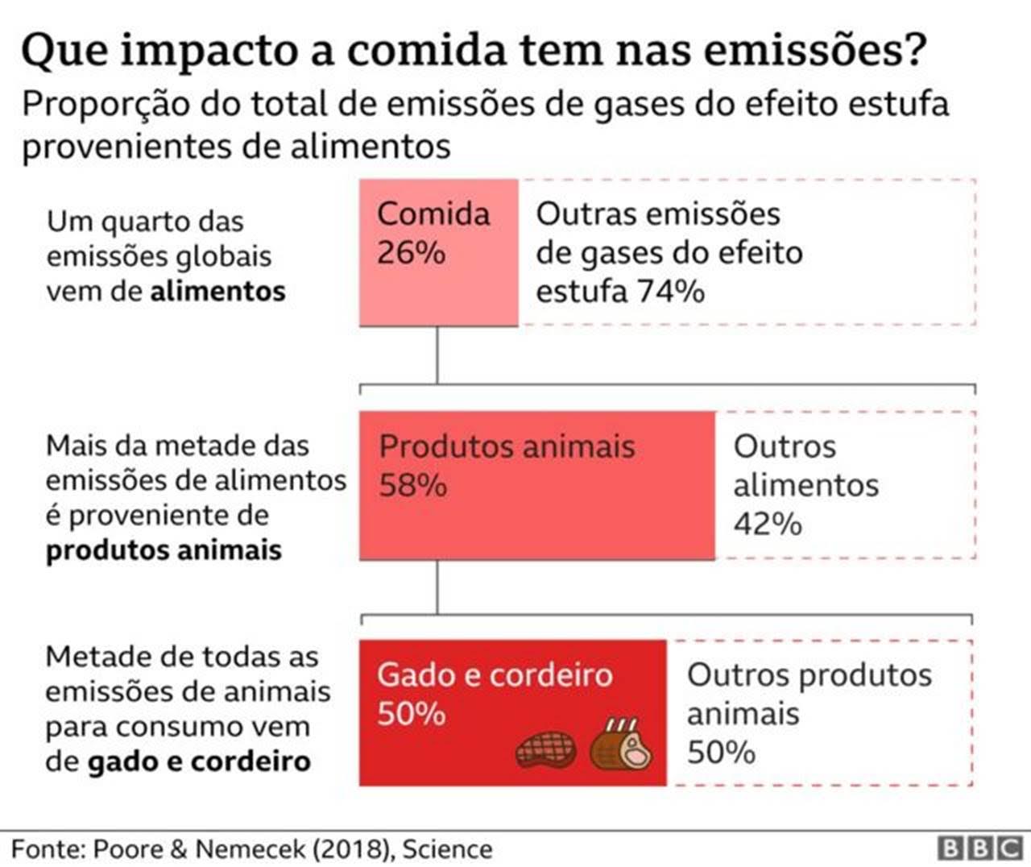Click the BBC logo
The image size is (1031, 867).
coord(979,848)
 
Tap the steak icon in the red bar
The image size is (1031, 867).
coord(545,749)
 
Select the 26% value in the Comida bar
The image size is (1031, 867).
coord(411,253)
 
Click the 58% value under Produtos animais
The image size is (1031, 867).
coord(412,486)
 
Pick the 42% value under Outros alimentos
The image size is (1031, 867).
coord(767,525)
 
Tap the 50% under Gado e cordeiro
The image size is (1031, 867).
coord(411,714)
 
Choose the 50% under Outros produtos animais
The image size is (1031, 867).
coord(721,753)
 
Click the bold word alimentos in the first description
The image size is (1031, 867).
coord(217,291)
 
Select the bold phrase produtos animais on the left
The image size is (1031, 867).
coord(164,550)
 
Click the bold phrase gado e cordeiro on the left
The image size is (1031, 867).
coord(199,761)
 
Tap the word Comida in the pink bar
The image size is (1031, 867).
coord(433,214)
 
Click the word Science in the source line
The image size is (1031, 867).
coord(447,848)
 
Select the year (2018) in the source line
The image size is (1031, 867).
coord(352,848)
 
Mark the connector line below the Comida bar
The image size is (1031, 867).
coord(437,355)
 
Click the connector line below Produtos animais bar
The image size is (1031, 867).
coord(437,587)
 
